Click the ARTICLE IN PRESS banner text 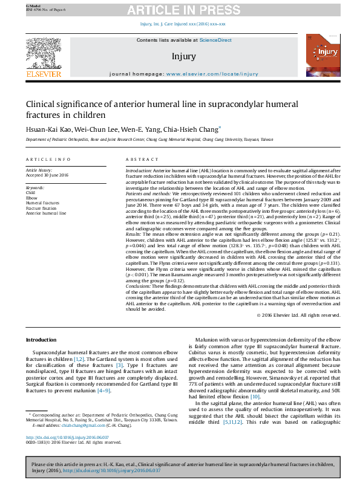(x=182, y=10)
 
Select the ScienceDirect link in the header (x=216, y=40)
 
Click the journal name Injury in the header (x=184, y=56)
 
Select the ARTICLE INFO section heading (x=48, y=159)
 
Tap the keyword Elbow (x=31, y=198)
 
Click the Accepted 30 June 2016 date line (x=47, y=175)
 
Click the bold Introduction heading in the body (x=41, y=340)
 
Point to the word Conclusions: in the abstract (x=141, y=286)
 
